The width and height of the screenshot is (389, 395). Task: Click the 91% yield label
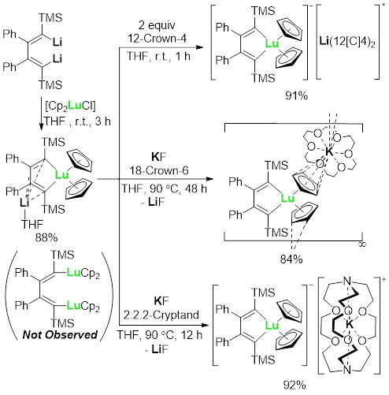(x=296, y=96)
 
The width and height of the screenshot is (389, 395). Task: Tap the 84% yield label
(x=291, y=259)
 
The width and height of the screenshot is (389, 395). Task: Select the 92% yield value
(x=295, y=386)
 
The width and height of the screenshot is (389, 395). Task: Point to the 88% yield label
(x=46, y=238)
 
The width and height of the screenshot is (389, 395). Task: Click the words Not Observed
(x=60, y=334)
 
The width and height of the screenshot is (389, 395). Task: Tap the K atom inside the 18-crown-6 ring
(x=328, y=151)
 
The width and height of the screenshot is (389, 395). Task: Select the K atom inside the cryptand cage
(x=349, y=324)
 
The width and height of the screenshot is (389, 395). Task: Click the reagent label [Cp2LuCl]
(x=70, y=106)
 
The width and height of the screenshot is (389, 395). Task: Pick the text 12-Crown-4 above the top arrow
(x=157, y=39)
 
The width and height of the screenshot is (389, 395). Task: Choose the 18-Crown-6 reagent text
(x=159, y=170)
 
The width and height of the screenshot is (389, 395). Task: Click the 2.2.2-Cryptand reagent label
(x=161, y=315)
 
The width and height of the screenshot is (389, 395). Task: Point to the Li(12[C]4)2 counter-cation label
(x=347, y=43)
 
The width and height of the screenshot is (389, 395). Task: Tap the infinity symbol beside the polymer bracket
(x=362, y=244)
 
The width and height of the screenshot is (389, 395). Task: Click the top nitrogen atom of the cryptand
(x=347, y=281)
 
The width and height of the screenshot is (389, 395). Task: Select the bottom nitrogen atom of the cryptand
(x=347, y=371)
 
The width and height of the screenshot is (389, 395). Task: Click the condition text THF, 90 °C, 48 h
(x=164, y=188)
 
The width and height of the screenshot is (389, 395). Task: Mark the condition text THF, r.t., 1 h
(x=158, y=56)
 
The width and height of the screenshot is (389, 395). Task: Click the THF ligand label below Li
(x=32, y=225)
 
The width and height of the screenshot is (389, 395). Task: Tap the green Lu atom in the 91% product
(x=272, y=43)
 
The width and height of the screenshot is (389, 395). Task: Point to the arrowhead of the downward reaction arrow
(x=41, y=127)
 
